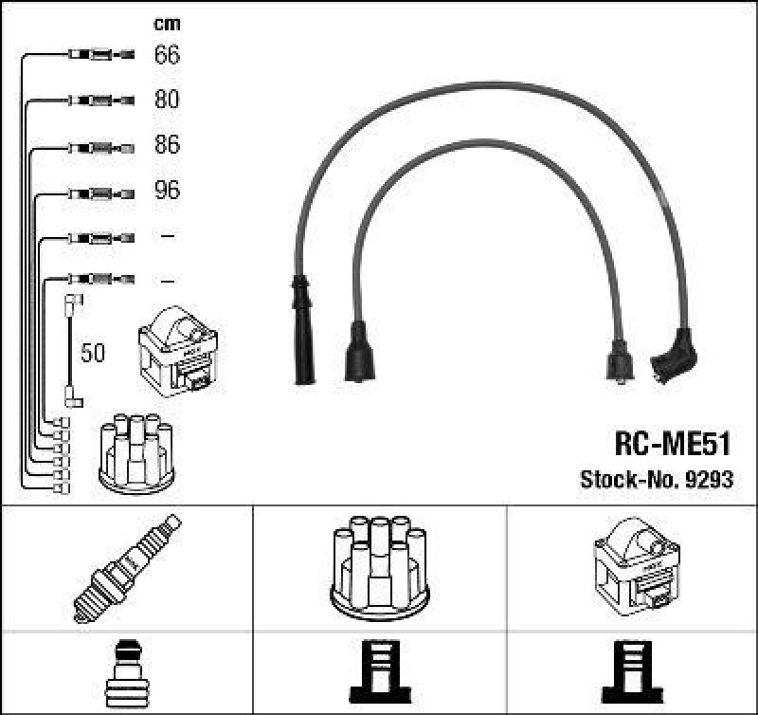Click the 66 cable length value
pyautogui.click(x=167, y=55)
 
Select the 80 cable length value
pyautogui.click(x=167, y=101)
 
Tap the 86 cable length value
pyautogui.click(x=167, y=146)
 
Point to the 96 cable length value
pyautogui.click(x=167, y=191)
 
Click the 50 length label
pyautogui.click(x=93, y=354)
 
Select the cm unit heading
pyautogui.click(x=167, y=24)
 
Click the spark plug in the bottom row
pyautogui.click(x=127, y=567)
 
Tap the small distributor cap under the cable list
pyautogui.click(x=136, y=453)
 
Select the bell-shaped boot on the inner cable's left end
pyautogui.click(x=359, y=352)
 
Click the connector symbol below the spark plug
pyautogui.click(x=127, y=671)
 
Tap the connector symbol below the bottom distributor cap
pyautogui.click(x=378, y=671)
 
